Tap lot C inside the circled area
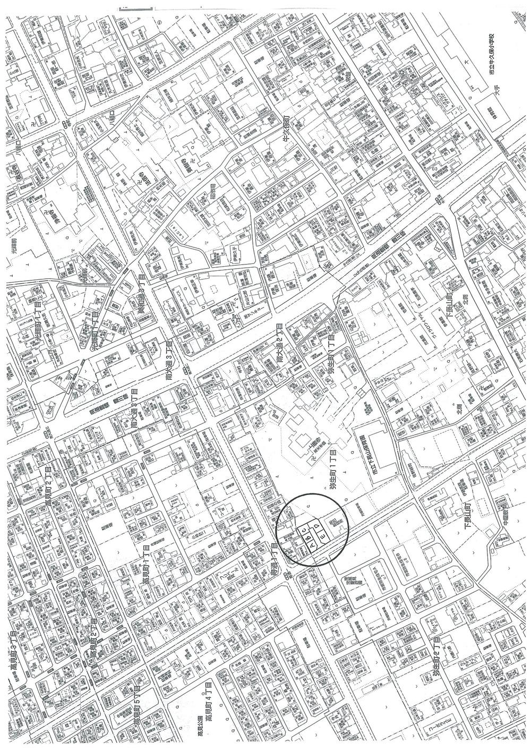tap(304, 528)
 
